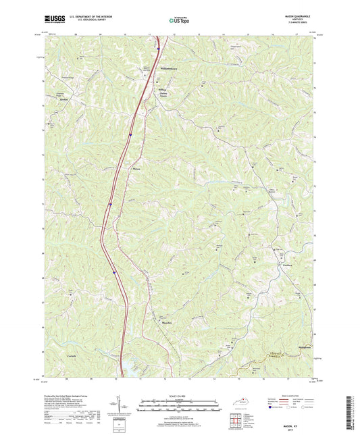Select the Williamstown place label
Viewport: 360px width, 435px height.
(172, 70)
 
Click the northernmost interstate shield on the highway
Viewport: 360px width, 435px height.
(157, 48)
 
